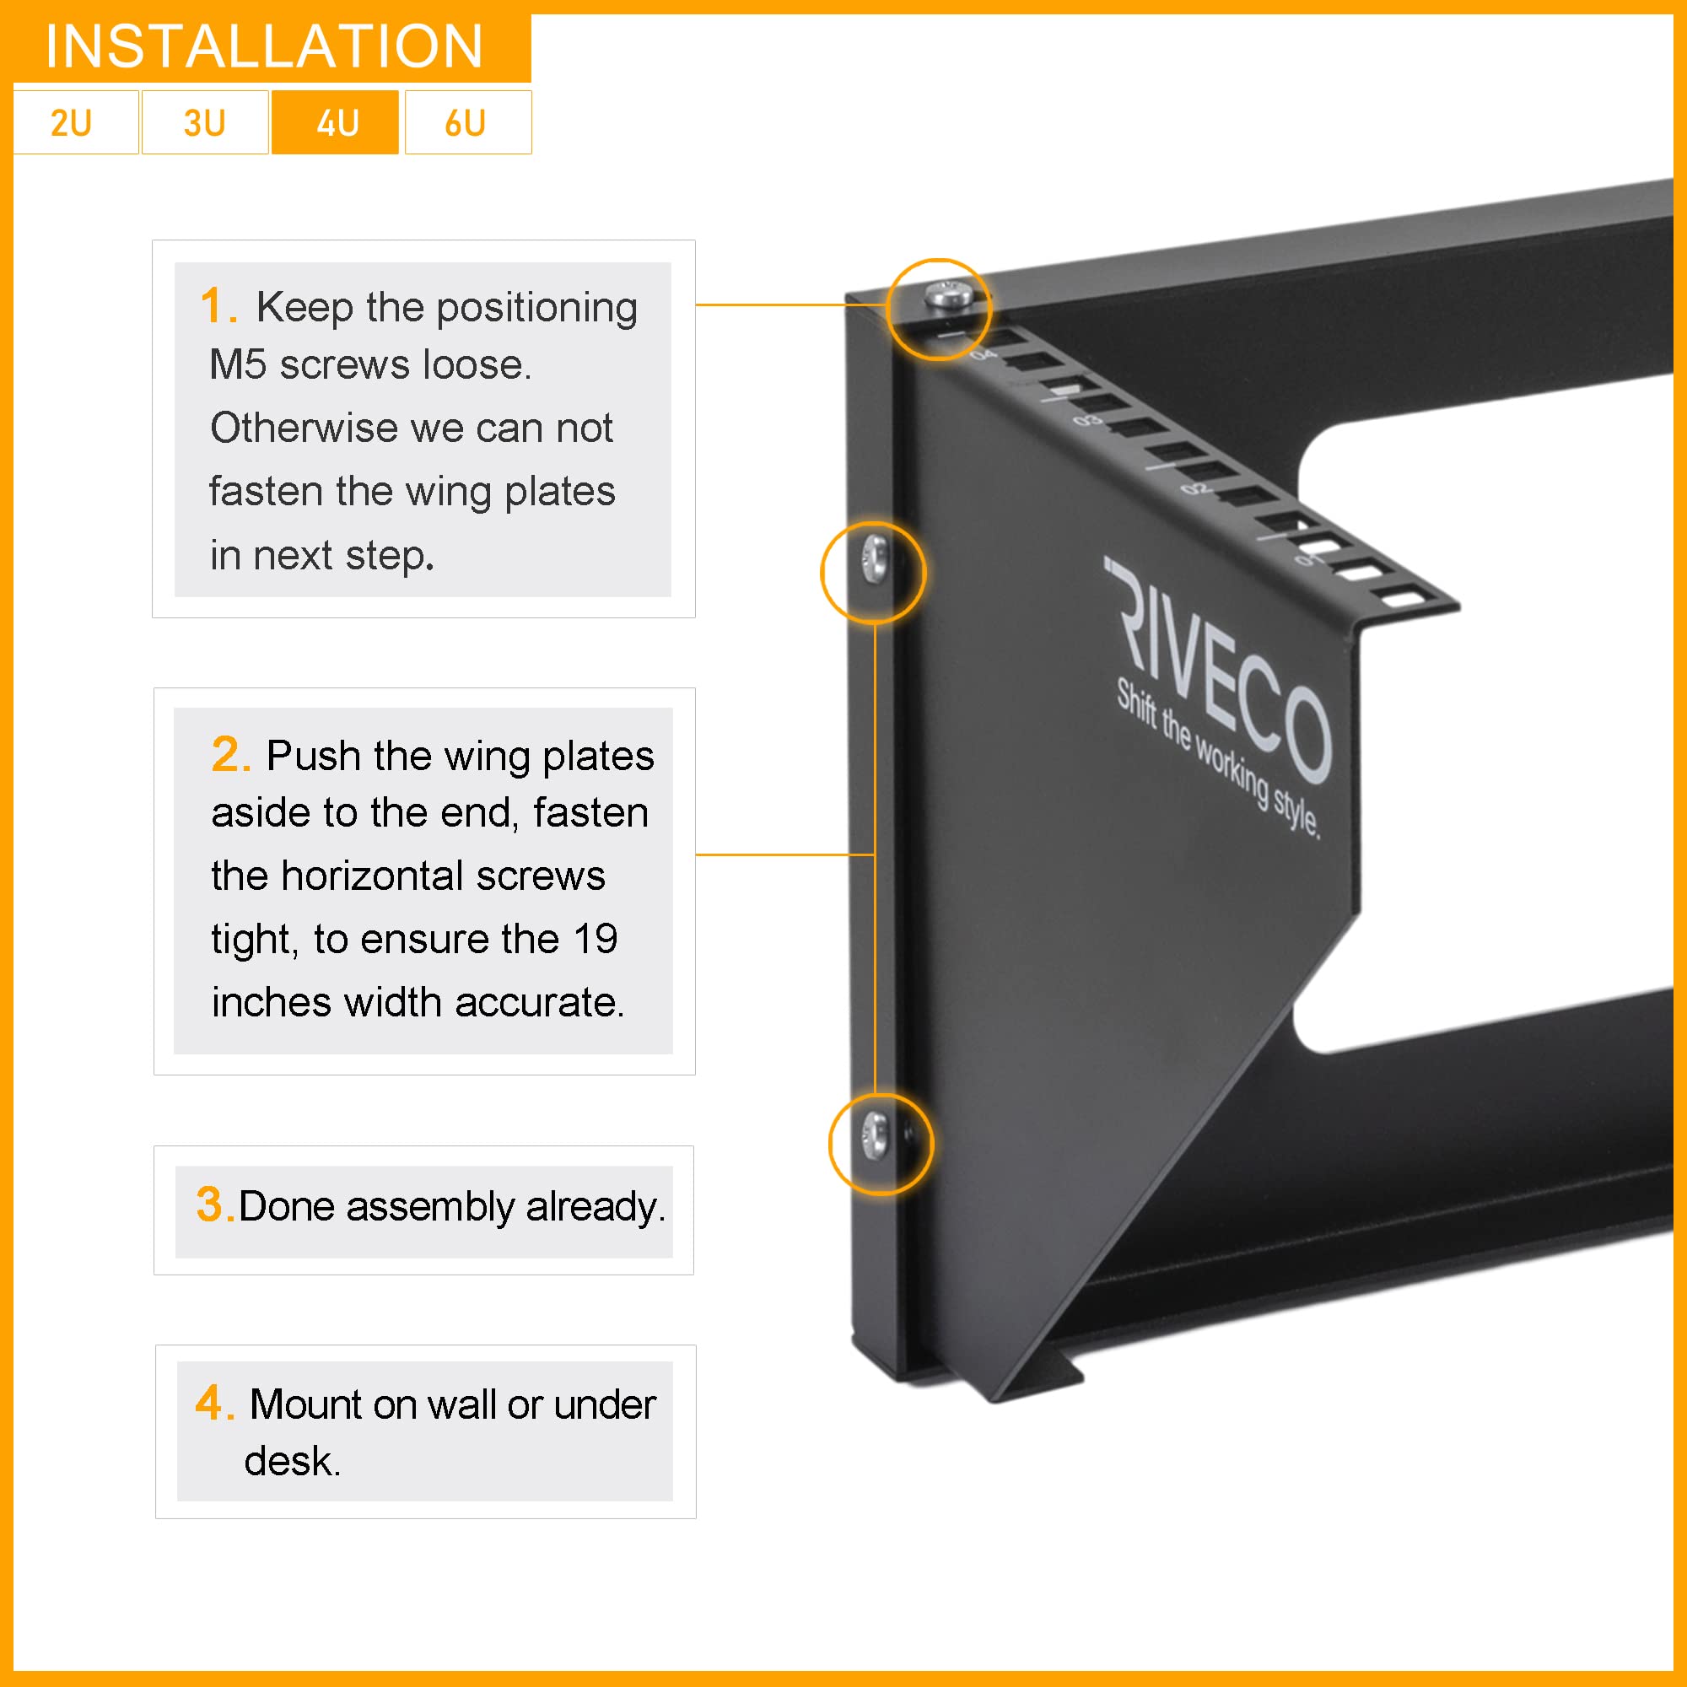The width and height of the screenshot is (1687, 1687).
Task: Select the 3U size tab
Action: pos(204,123)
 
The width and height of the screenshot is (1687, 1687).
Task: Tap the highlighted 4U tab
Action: pos(336,123)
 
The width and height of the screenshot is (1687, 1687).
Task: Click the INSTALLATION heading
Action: pos(265,46)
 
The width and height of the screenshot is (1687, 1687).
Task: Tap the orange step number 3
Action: pos(212,1205)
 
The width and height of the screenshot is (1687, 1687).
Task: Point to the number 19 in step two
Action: pos(596,940)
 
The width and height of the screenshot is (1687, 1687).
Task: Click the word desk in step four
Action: pos(291,1461)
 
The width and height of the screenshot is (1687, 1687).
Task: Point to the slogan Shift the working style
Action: pos(1219,759)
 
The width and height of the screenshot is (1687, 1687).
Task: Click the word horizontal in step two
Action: pos(443,876)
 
